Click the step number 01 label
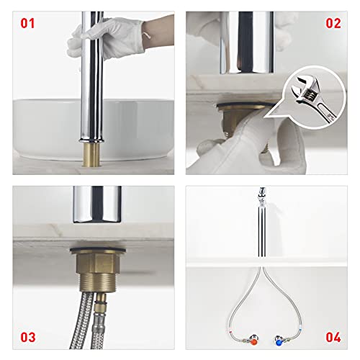click(28, 23)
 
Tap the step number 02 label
click(332, 23)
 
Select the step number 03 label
click(28, 337)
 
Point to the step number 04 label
click(332, 337)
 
